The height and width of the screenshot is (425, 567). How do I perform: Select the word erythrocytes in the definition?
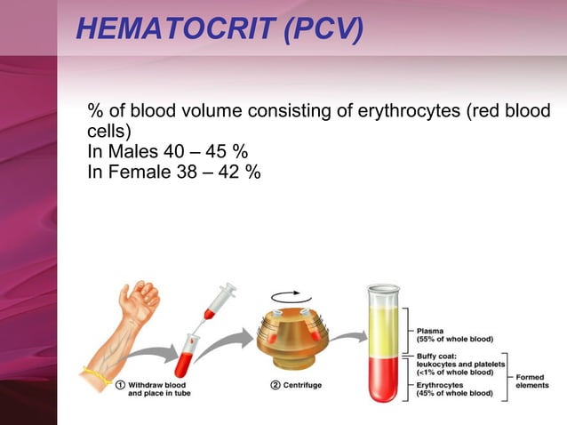point(419,114)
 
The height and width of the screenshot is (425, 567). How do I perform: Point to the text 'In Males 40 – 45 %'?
point(167,152)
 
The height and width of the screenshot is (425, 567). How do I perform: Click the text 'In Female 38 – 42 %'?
point(174,172)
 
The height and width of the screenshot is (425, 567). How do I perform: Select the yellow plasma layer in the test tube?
point(384,325)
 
